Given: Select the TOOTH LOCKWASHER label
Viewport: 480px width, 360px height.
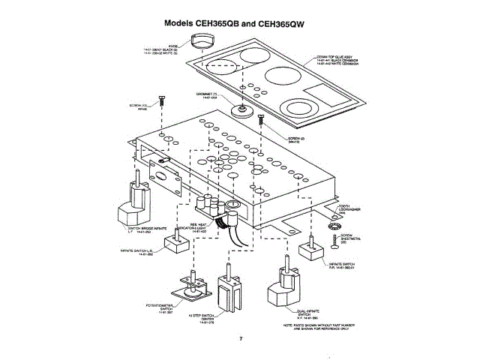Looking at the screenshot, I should tap(349, 209).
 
